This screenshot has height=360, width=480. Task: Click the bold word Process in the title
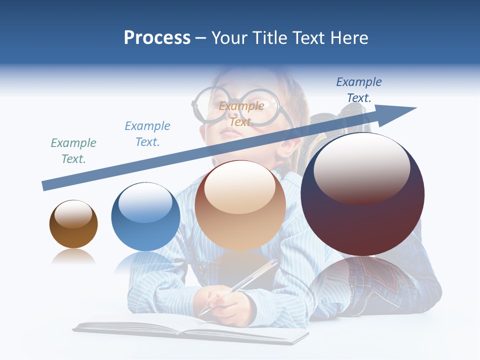[x=157, y=38]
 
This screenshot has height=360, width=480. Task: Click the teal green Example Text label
[x=73, y=151]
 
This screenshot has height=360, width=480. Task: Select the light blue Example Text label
[x=147, y=134]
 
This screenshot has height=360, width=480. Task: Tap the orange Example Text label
[x=241, y=114]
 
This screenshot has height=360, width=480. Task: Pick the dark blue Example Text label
[x=359, y=90]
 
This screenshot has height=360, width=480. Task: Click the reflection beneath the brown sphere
[x=73, y=257]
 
